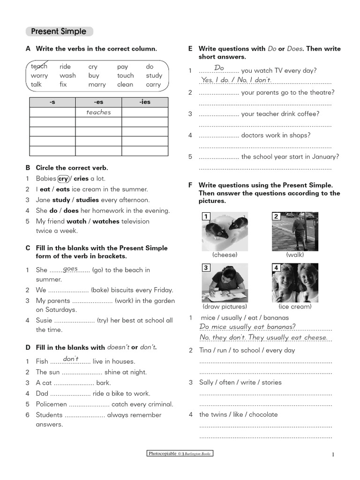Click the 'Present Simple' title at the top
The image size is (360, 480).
pyautogui.click(x=59, y=31)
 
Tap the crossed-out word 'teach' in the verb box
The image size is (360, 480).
pyautogui.click(x=39, y=67)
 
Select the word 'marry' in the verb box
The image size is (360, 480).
pyautogui.click(x=97, y=84)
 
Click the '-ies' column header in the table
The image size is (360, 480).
pyautogui.click(x=145, y=102)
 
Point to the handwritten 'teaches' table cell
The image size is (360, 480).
pyautogui.click(x=98, y=112)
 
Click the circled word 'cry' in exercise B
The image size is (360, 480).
pyautogui.click(x=63, y=179)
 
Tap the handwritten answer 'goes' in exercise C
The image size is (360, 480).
pyautogui.click(x=70, y=268)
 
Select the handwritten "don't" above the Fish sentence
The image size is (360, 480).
pyautogui.click(x=70, y=359)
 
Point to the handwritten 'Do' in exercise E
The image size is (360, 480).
pyautogui.click(x=219, y=68)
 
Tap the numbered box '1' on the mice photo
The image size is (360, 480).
pyautogui.click(x=206, y=216)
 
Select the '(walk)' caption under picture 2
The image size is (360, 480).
pyautogui.click(x=295, y=255)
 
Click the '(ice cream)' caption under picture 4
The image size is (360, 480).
pyautogui.click(x=295, y=307)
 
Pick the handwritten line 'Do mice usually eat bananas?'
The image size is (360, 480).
pyautogui.click(x=247, y=327)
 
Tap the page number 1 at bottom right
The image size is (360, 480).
pyautogui.click(x=332, y=454)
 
